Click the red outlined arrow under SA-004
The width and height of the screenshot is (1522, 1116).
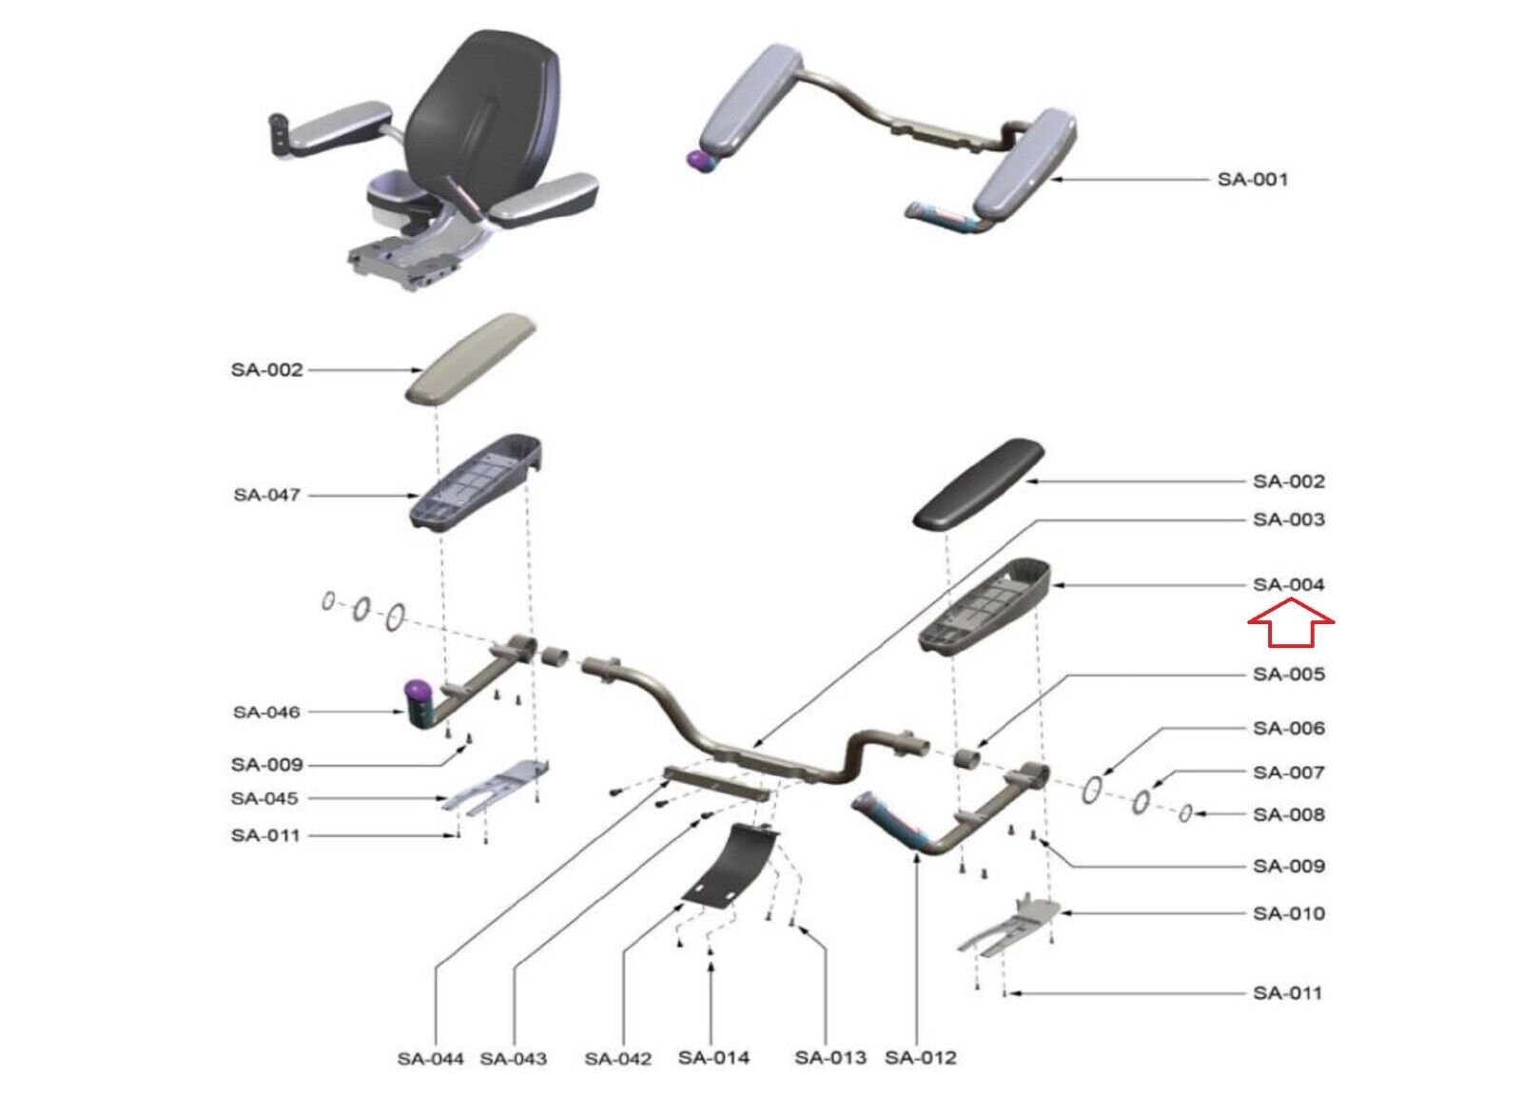[x=1290, y=628]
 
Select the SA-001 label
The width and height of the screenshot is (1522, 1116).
[x=1253, y=180]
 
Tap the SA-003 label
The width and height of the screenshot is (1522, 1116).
[x=1288, y=519]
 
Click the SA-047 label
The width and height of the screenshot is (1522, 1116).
[x=266, y=495]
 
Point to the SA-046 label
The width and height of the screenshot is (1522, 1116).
[x=266, y=712]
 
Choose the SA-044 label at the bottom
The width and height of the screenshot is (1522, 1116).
[x=431, y=1058]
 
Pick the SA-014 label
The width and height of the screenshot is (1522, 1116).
[x=713, y=1057]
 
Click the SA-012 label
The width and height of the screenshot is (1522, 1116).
[x=920, y=1057]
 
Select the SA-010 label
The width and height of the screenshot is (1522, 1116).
[x=1288, y=913]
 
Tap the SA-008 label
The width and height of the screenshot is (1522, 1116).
[x=1288, y=814]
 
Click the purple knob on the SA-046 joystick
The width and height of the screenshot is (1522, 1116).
[x=416, y=689]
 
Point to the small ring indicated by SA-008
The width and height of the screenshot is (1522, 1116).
[x=1185, y=813]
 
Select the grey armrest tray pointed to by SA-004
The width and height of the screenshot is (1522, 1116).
[x=985, y=605]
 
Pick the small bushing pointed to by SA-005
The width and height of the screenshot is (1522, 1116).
[x=966, y=758]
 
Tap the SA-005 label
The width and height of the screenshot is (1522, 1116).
[x=1288, y=675]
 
